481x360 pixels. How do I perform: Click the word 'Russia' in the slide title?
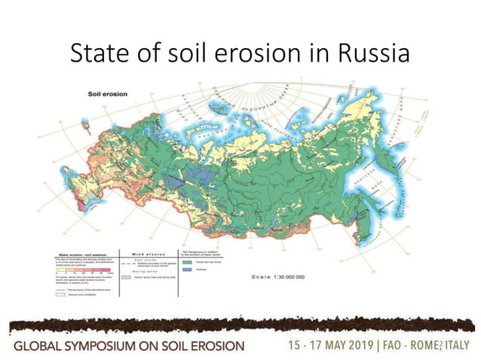pyautogui.click(x=375, y=55)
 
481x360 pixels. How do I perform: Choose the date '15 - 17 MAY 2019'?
pyautogui.click(x=335, y=345)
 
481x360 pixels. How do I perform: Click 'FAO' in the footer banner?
pyautogui.click(x=399, y=345)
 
